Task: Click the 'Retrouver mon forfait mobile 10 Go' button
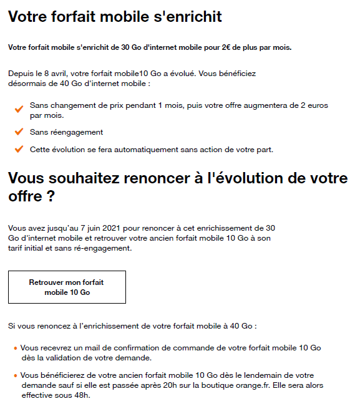pyautogui.click(x=67, y=287)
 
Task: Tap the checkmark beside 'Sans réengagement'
pyautogui.click(x=19, y=132)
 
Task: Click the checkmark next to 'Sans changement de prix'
pyautogui.click(x=19, y=109)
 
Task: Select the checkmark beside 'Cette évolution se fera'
pyautogui.click(x=19, y=150)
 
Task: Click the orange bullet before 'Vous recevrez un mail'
pyautogui.click(x=15, y=347)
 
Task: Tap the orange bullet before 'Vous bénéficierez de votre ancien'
pyautogui.click(x=15, y=375)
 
